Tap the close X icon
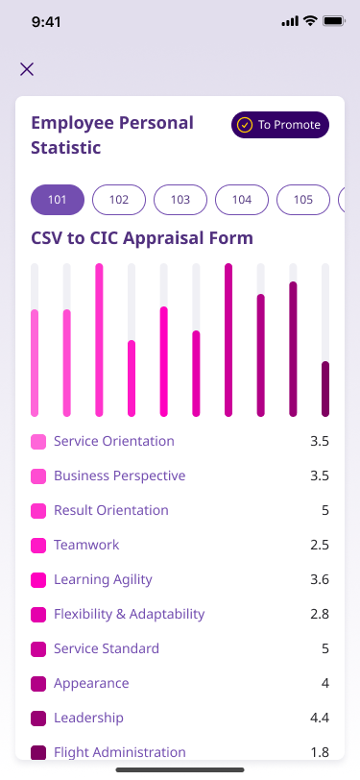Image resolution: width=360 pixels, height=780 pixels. pyautogui.click(x=27, y=69)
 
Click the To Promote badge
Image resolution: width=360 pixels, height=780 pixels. pyautogui.click(x=280, y=124)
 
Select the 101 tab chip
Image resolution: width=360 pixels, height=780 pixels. pyautogui.click(x=58, y=200)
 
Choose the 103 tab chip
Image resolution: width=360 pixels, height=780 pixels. pyautogui.click(x=180, y=200)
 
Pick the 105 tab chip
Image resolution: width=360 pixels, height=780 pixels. pyautogui.click(x=302, y=200)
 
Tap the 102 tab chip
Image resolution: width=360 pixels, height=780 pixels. pyautogui.click(x=119, y=200)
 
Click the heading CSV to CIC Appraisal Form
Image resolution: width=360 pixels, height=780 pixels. pyautogui.click(x=142, y=238)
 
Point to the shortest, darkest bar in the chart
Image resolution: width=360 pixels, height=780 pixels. pyautogui.click(x=325, y=389)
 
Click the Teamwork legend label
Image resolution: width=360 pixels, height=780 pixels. pyautogui.click(x=86, y=545)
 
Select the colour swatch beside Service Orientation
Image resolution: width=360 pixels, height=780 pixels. pyautogui.click(x=38, y=442)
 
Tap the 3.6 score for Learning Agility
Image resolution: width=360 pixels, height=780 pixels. pyautogui.click(x=320, y=579)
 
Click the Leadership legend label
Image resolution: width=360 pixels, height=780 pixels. pyautogui.click(x=88, y=718)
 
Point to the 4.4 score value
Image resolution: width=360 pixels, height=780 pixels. pyautogui.click(x=320, y=718)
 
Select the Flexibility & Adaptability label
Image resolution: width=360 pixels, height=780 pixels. pyautogui.click(x=130, y=614)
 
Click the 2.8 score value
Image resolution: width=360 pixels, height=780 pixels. pyautogui.click(x=320, y=614)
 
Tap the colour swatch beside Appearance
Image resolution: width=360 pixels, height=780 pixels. pyautogui.click(x=38, y=684)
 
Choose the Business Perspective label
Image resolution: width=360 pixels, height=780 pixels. pyautogui.click(x=119, y=475)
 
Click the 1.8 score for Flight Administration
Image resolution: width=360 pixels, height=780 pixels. pyautogui.click(x=320, y=752)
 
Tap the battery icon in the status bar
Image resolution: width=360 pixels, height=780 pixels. pyautogui.click(x=335, y=21)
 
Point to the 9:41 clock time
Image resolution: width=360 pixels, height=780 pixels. pyautogui.click(x=46, y=22)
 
